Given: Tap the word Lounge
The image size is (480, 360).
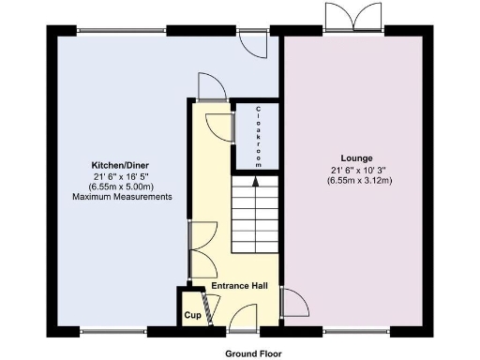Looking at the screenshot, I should click(357, 157).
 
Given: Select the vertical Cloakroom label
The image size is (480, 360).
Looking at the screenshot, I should click(260, 137).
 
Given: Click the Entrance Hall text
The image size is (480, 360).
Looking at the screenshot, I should click(240, 285).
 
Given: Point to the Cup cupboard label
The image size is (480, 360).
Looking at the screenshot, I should click(192, 315).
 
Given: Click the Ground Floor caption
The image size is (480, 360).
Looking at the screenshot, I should click(253, 353).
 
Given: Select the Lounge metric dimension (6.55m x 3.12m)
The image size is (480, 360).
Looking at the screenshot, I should click(357, 180).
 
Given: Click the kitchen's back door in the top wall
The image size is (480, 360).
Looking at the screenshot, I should click(252, 41).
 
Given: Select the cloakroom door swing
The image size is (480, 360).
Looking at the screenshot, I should click(218, 127).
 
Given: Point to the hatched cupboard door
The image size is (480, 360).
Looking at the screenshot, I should click(210, 310).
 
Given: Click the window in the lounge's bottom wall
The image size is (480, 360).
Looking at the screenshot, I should click(355, 330).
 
